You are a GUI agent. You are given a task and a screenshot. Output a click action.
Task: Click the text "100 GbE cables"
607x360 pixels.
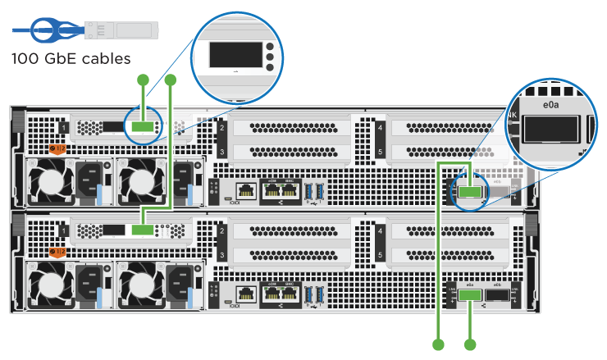point(71,58)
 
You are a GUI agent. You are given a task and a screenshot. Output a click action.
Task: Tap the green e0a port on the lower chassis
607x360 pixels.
point(470,295)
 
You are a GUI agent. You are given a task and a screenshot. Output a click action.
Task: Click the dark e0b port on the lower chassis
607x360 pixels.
point(496,295)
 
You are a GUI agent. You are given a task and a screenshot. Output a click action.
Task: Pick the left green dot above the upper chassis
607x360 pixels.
point(143,80)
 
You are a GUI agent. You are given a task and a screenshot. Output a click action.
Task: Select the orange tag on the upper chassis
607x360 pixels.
point(57,149)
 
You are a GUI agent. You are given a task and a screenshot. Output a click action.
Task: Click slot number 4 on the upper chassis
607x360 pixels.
point(380,128)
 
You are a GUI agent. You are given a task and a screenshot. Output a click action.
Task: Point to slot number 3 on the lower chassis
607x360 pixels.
point(221,256)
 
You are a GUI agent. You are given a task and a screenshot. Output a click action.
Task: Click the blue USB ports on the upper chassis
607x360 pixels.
point(313,190)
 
